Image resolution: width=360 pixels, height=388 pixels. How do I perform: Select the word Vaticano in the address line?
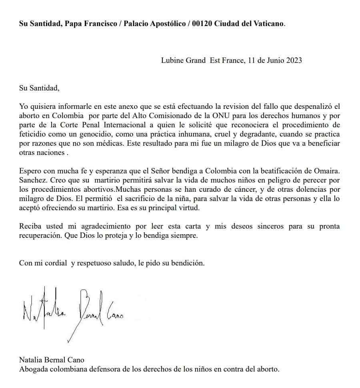[269, 24]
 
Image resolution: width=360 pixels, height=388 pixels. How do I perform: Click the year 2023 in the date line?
[293, 61]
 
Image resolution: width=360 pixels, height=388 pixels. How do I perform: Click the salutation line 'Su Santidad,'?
[39, 88]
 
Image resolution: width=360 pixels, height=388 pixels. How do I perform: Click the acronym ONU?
[217, 116]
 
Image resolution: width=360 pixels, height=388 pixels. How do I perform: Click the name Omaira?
[327, 171]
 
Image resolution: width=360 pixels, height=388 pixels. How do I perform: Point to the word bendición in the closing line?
[189, 263]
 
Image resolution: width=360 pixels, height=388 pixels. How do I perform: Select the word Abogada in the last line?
[32, 369]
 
